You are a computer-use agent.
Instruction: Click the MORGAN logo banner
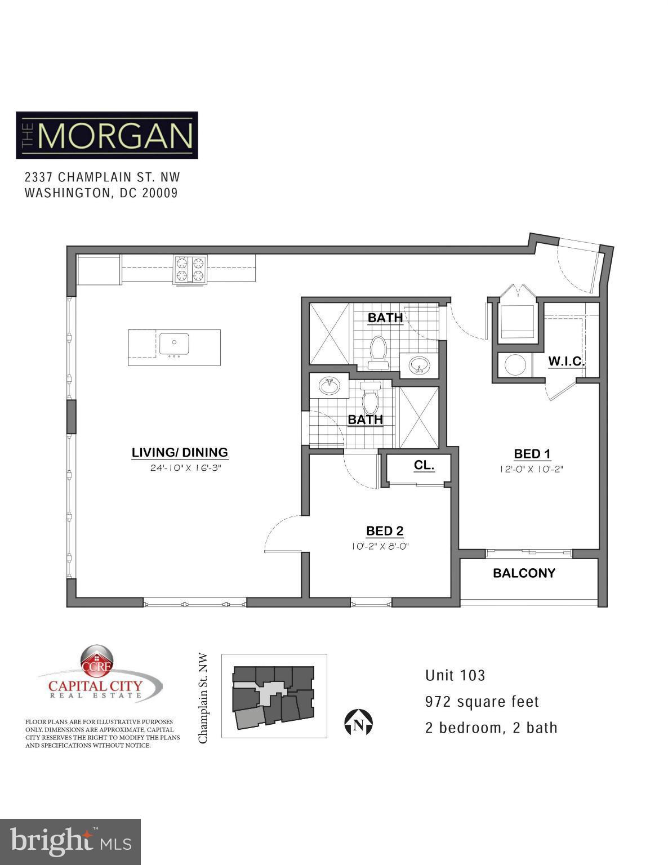tap(107, 135)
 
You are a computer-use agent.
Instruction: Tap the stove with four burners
tap(190, 269)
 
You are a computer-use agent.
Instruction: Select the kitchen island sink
tap(174, 345)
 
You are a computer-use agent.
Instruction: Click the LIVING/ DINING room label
tap(180, 452)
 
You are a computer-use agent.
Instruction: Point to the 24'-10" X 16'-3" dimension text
tap(180, 467)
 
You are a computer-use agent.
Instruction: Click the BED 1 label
tap(532, 453)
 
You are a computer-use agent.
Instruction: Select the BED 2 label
tap(385, 530)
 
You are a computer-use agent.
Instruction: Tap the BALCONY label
tap(524, 573)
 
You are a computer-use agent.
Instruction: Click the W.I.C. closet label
tap(567, 361)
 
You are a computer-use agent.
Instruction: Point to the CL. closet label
tap(424, 465)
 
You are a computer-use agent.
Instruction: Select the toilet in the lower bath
tap(370, 398)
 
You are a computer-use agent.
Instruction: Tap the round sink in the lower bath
tap(329, 386)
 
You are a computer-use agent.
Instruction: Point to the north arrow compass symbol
tap(358, 723)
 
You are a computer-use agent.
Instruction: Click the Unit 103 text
tap(455, 675)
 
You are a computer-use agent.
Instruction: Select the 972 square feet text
tap(482, 702)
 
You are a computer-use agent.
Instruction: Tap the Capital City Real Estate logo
tap(99, 676)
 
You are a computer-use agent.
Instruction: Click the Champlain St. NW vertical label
tap(203, 698)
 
